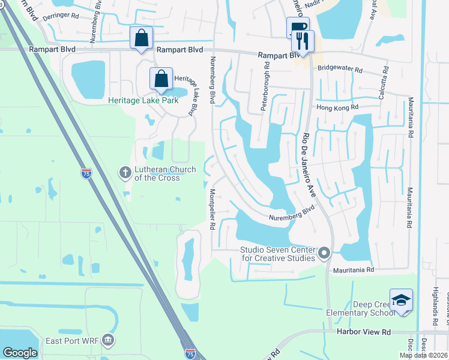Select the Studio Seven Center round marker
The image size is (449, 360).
pos(325,253)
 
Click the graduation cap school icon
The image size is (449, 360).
pos(401,301)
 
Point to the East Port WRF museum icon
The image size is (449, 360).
pos(108,340)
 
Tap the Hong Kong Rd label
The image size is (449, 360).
pos(337,107)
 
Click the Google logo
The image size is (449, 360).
pos(20,353)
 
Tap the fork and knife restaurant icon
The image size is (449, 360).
pos(303,41)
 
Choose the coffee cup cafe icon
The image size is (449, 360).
pos(297,27)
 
